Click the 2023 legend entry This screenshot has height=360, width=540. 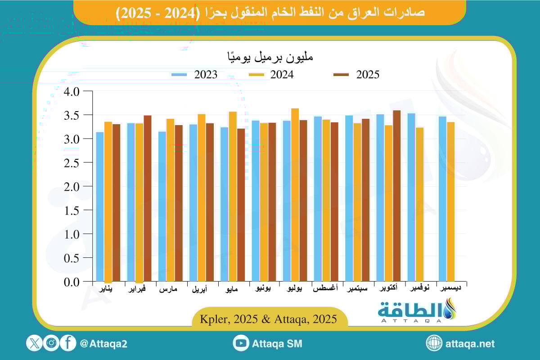[194, 75]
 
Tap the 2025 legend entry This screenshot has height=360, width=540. [355, 75]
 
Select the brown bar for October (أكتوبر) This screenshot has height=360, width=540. [396, 196]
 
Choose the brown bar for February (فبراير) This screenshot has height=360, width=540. [148, 198]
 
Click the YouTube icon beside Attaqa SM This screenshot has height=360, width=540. [241, 343]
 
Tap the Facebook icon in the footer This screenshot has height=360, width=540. [68, 343]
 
